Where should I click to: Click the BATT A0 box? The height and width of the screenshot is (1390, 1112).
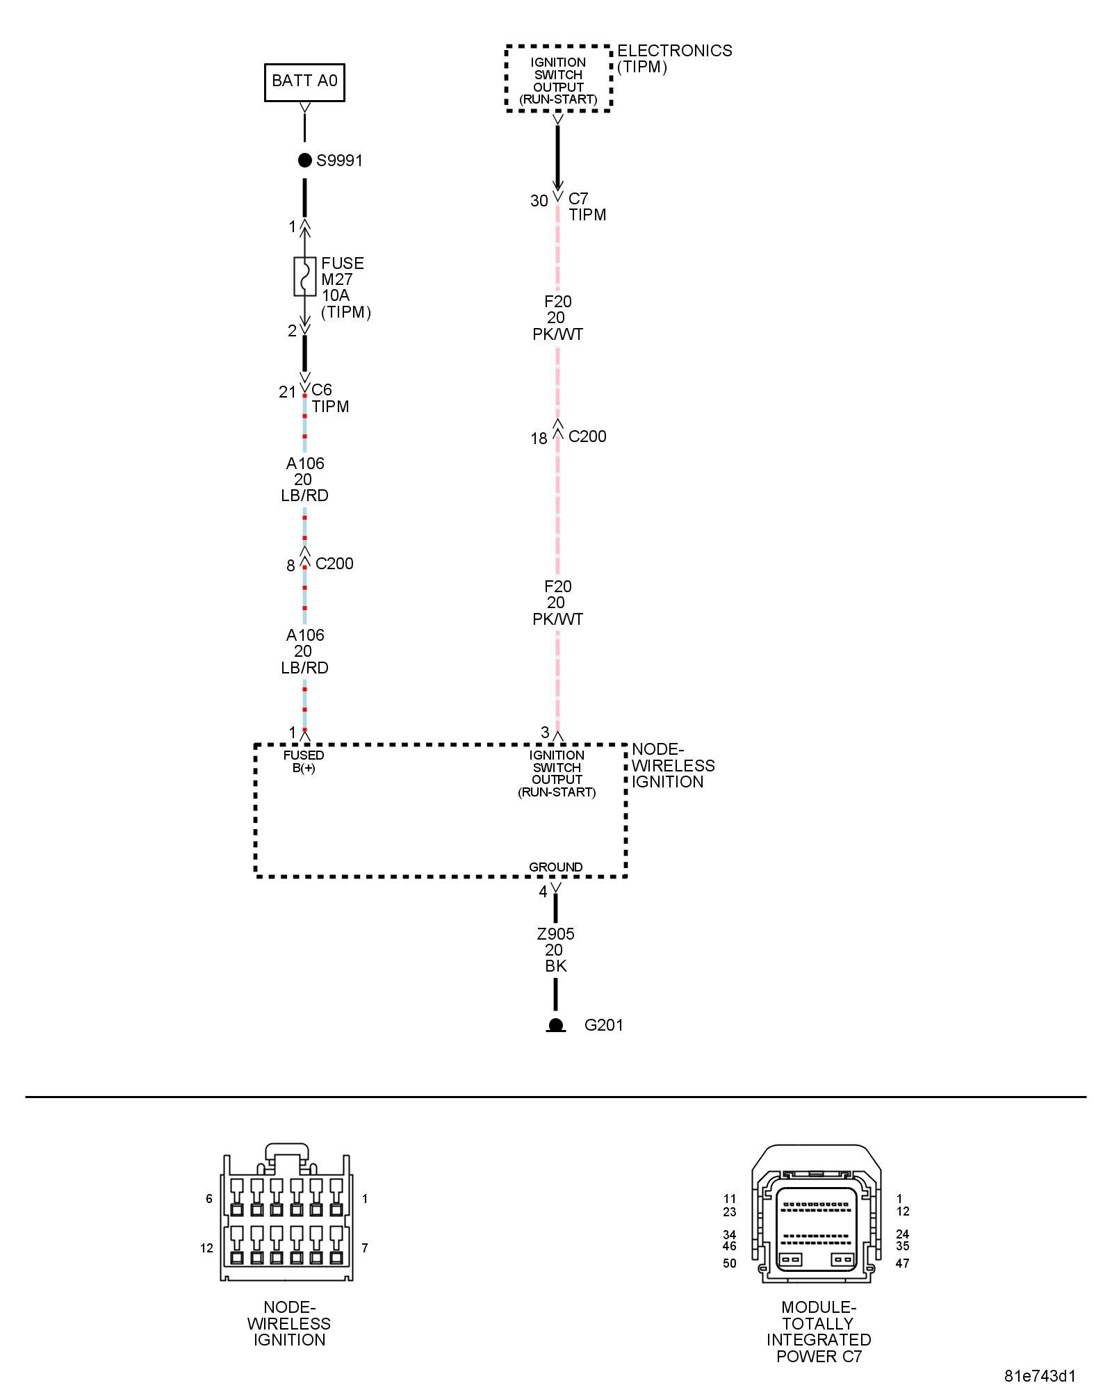[x=304, y=82]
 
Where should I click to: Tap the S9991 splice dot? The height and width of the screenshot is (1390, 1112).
[x=304, y=161]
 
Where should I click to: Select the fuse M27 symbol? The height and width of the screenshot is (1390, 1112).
[x=304, y=277]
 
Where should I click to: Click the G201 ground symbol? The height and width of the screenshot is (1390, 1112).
[x=555, y=1026]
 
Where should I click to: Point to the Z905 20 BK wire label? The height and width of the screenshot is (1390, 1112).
[x=555, y=950]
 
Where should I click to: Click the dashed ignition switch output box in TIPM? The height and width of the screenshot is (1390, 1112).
[x=558, y=79]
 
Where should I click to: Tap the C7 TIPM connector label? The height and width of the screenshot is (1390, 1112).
[x=587, y=207]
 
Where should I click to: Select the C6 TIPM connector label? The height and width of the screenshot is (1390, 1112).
[x=329, y=398]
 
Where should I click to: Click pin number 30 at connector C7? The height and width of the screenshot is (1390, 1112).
[x=539, y=202]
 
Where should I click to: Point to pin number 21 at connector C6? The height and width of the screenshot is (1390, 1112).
[x=287, y=393]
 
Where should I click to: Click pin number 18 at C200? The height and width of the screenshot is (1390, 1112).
[x=539, y=439]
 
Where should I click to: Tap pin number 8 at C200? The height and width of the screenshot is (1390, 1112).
[x=291, y=566]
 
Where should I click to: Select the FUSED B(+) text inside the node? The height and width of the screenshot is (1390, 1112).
[x=304, y=762]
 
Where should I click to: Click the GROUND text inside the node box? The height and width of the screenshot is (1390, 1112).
[x=555, y=867]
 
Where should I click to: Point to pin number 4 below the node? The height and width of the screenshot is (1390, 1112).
[x=543, y=892]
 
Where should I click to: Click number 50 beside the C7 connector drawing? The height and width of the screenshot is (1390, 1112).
[x=729, y=1264]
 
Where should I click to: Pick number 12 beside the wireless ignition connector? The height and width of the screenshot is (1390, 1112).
[x=206, y=1248]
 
